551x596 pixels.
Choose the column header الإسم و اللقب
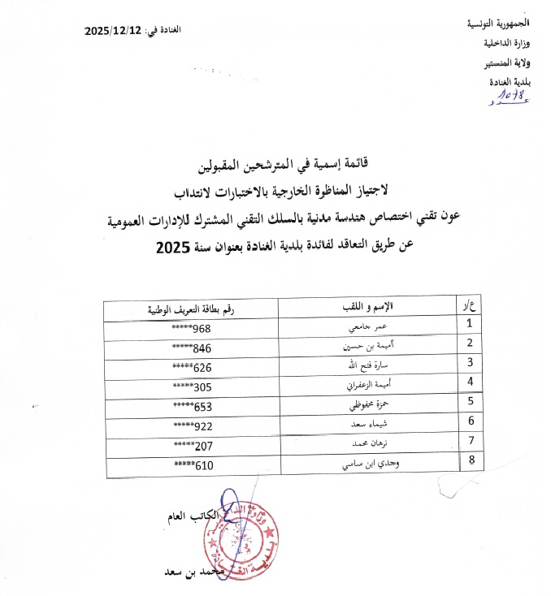[x=364, y=305]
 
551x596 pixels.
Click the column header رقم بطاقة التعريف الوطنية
[x=191, y=306]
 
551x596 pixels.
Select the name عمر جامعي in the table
[x=365, y=326]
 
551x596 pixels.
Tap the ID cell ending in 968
[x=191, y=326]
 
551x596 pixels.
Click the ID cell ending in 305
[x=191, y=383]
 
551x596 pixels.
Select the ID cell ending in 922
[x=191, y=422]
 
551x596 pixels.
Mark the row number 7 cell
[x=470, y=442]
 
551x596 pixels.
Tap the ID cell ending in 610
[x=191, y=462]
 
